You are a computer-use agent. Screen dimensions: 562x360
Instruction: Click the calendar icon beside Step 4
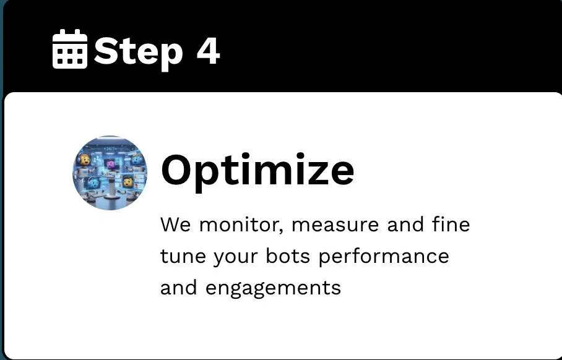[x=70, y=49]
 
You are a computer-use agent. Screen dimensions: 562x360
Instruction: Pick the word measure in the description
[x=335, y=225]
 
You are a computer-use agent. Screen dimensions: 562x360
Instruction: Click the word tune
[x=183, y=257]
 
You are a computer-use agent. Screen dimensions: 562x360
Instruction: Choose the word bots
[x=288, y=256]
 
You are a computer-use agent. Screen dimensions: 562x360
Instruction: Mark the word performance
[x=384, y=257]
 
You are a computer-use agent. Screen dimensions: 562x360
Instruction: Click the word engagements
[x=273, y=289]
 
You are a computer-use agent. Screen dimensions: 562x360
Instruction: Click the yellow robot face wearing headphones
[x=84, y=160]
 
